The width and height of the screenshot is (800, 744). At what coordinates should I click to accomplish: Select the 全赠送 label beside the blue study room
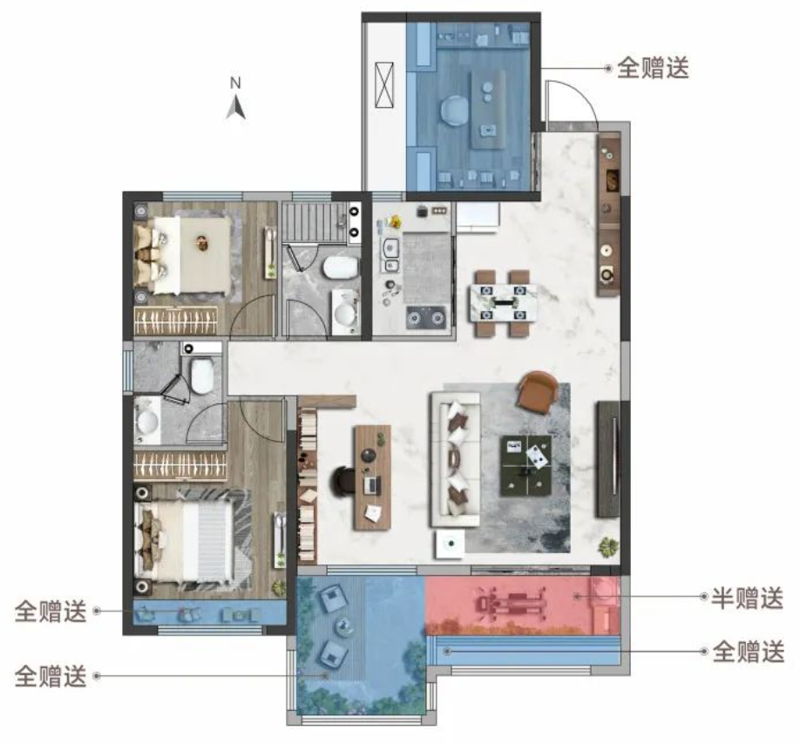point(653,69)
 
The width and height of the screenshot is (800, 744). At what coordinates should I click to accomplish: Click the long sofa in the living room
point(455,458)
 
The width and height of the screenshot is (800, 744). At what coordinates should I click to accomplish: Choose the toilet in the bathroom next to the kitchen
point(338,266)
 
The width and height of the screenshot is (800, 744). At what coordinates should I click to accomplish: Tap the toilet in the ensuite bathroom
point(201,375)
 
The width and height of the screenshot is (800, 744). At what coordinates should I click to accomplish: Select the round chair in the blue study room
point(454,111)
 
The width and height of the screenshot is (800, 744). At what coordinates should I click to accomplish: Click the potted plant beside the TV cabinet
point(607,546)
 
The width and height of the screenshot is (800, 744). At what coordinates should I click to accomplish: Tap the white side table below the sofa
point(451,544)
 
